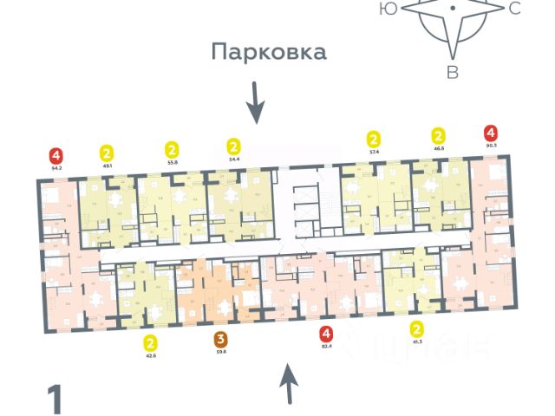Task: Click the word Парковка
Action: pyautogui.click(x=269, y=52)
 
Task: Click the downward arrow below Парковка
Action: pyautogui.click(x=254, y=103)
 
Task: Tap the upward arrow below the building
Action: pyautogui.click(x=288, y=384)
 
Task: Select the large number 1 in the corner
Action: pyautogui.click(x=55, y=400)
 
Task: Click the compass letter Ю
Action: pyautogui.click(x=389, y=9)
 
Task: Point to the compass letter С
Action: pyautogui.click(x=514, y=10)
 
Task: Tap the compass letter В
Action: pyautogui.click(x=452, y=73)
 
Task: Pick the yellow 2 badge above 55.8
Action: pyautogui.click(x=172, y=148)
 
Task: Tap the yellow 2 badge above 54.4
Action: pyautogui.click(x=232, y=146)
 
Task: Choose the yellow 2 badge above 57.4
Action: pyautogui.click(x=374, y=139)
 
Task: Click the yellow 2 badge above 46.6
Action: pyautogui.click(x=439, y=136)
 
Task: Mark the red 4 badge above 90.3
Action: pyautogui.click(x=492, y=133)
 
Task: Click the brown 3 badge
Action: pyautogui.click(x=220, y=339)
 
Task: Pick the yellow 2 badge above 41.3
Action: pyautogui.click(x=416, y=329)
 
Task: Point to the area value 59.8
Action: pyautogui.click(x=220, y=352)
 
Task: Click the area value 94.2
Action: pyautogui.click(x=56, y=168)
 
